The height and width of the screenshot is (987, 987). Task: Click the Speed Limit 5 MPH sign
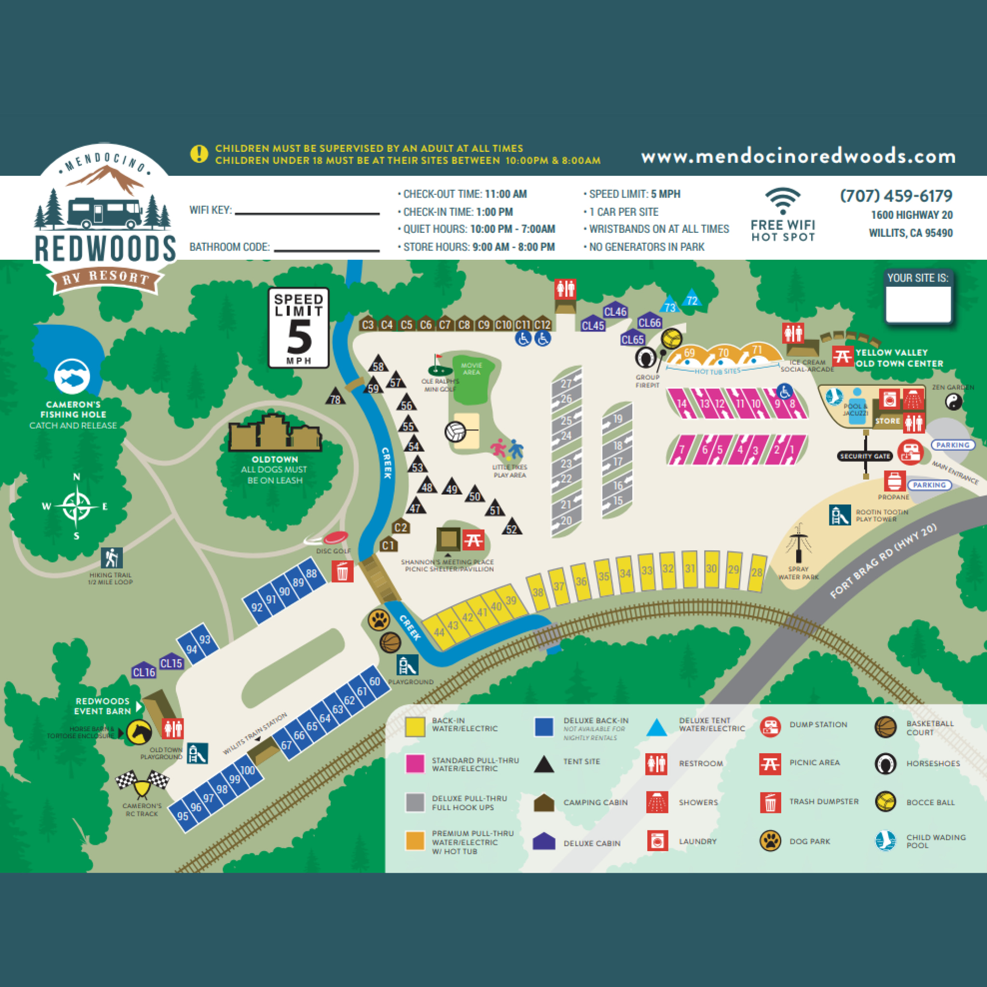coord(299,327)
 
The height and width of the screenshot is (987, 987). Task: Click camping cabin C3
coord(367,324)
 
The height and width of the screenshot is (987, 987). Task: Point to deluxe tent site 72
coord(692,299)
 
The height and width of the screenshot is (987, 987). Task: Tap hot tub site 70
coord(723,353)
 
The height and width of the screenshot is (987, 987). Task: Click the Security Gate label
coord(866,456)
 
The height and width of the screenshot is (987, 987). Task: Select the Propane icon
coord(894,480)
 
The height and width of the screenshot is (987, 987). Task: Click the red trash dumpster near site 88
coord(342,571)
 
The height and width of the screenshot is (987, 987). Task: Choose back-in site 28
coord(757,573)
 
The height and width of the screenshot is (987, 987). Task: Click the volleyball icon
coord(454,432)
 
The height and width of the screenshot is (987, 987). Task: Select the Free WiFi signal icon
coord(783,201)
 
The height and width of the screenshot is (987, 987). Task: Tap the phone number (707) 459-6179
coord(896,196)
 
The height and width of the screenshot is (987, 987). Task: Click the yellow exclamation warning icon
coord(199,153)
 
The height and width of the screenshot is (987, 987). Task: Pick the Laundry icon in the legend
coord(657,840)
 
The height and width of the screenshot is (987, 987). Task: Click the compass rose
coord(77,507)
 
